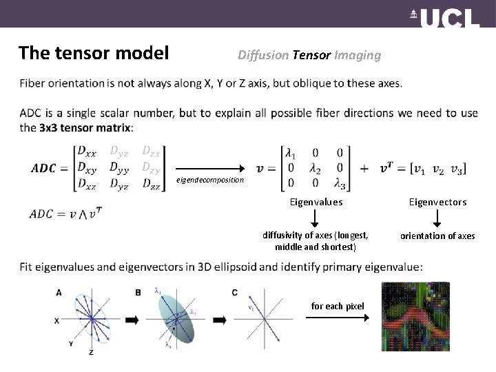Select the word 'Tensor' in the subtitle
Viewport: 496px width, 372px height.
311,55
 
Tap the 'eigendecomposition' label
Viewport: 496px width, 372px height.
210,180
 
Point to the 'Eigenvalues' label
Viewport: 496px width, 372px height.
316,202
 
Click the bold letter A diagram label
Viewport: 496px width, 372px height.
59,293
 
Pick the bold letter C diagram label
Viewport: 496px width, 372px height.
235,293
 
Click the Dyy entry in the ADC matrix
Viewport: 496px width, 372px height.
119,167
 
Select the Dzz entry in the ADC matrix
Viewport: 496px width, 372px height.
150,183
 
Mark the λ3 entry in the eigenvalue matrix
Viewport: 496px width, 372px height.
339,183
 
